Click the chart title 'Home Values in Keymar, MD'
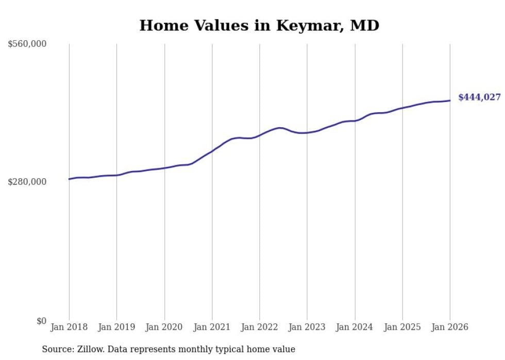point(259,26)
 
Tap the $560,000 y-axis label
point(27,44)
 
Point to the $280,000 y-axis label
point(27,182)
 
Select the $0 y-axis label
point(41,321)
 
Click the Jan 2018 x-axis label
point(69,327)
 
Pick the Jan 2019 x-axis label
point(116,327)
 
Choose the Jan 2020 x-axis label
point(164,327)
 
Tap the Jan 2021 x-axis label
point(212,327)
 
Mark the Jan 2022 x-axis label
point(260,327)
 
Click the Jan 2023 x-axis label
point(307,327)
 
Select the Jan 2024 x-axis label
point(355,327)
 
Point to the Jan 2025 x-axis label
point(402,327)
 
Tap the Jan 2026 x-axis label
point(450,327)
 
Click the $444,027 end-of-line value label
point(479,97)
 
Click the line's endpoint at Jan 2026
point(450,100)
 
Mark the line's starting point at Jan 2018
point(69,179)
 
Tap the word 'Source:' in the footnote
point(57,350)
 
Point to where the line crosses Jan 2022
point(260,135)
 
